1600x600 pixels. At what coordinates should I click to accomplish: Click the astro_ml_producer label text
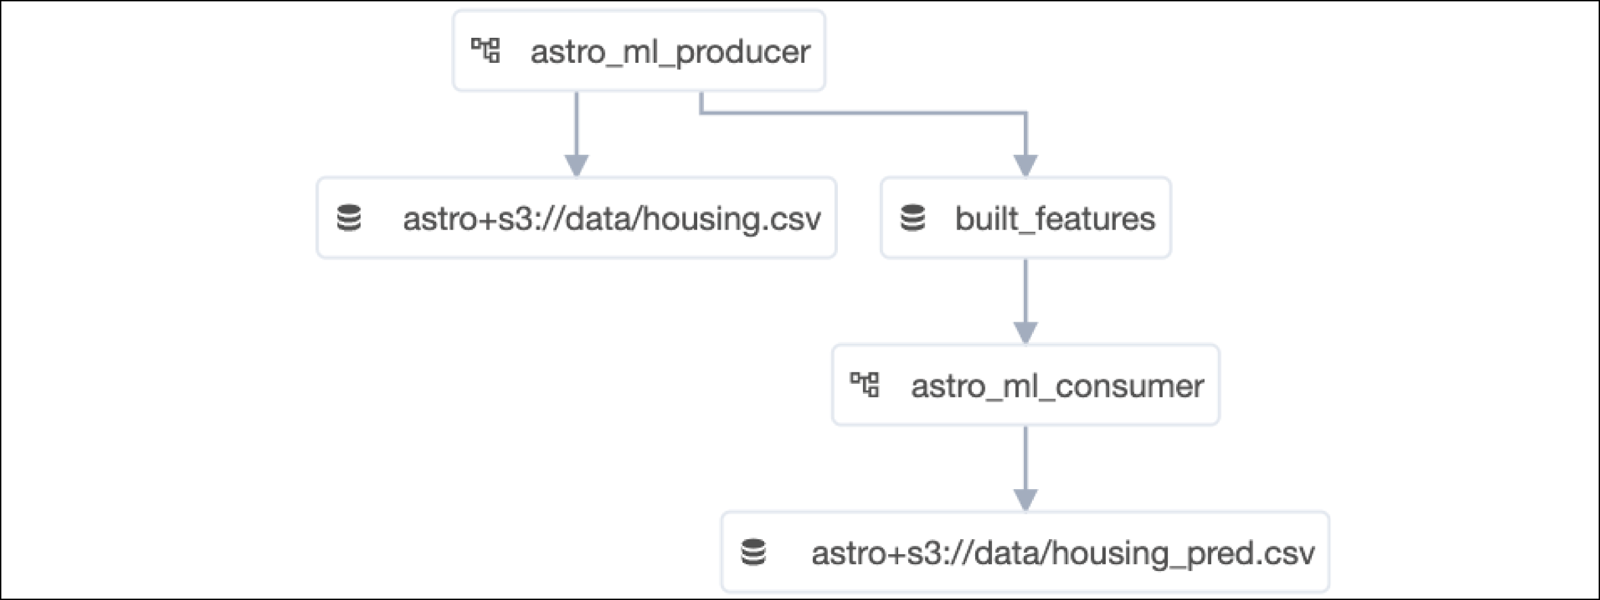(x=669, y=51)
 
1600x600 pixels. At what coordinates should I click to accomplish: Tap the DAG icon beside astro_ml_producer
(x=486, y=51)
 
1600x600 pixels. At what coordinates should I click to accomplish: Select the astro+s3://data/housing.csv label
(x=611, y=218)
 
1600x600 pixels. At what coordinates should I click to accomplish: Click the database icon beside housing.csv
(x=349, y=218)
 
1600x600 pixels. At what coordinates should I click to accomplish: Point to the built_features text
(x=1054, y=218)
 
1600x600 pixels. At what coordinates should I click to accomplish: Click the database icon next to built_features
(x=912, y=218)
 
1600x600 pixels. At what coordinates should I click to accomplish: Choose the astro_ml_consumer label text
(x=1057, y=386)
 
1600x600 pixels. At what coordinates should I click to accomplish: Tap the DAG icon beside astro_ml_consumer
(x=864, y=385)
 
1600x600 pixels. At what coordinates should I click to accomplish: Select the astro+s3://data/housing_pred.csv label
(x=1062, y=553)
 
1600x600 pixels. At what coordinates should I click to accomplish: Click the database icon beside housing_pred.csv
(x=753, y=552)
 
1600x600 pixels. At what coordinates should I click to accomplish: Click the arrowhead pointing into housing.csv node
(x=576, y=165)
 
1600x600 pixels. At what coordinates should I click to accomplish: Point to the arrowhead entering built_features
(x=1025, y=165)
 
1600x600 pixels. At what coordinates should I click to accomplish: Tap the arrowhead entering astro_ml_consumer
(x=1025, y=332)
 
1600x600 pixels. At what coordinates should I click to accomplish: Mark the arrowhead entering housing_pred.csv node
(x=1025, y=499)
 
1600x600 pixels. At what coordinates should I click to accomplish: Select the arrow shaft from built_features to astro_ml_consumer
(x=1025, y=291)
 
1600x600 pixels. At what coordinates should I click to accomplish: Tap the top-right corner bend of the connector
(x=1025, y=113)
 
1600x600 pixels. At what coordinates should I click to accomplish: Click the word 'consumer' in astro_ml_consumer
(x=1129, y=386)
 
